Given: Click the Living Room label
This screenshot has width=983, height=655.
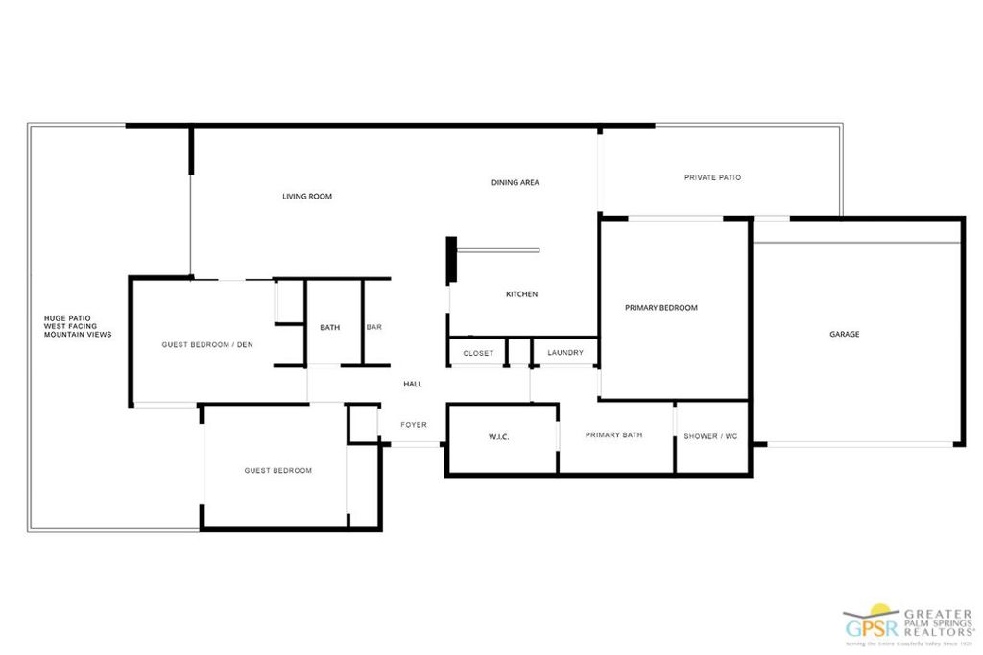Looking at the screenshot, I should (307, 197).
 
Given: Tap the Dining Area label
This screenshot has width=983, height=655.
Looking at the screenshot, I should (515, 182).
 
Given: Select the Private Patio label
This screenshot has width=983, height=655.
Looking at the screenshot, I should (712, 177).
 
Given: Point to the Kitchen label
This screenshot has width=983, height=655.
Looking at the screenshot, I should (521, 294).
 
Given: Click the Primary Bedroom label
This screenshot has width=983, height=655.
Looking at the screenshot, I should (660, 308).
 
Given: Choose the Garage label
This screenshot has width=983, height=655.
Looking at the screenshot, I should (845, 335).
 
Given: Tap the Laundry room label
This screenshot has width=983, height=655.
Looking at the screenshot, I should (565, 353).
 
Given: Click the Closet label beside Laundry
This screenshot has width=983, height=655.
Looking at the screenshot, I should (478, 353).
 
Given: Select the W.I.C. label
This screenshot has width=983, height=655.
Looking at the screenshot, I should (498, 437).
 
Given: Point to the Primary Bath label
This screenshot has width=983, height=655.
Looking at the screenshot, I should (614, 435).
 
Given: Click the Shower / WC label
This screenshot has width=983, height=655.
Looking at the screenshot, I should (710, 437).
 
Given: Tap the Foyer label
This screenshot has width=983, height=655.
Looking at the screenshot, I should (414, 425).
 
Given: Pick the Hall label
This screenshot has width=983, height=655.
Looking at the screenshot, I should (413, 384).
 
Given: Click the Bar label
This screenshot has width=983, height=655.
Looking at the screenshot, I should (374, 328).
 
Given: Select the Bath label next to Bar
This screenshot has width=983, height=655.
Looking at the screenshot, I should (330, 328).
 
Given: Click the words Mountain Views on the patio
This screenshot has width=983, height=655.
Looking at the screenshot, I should (78, 335).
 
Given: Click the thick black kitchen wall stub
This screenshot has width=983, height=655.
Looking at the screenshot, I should (451, 260).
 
